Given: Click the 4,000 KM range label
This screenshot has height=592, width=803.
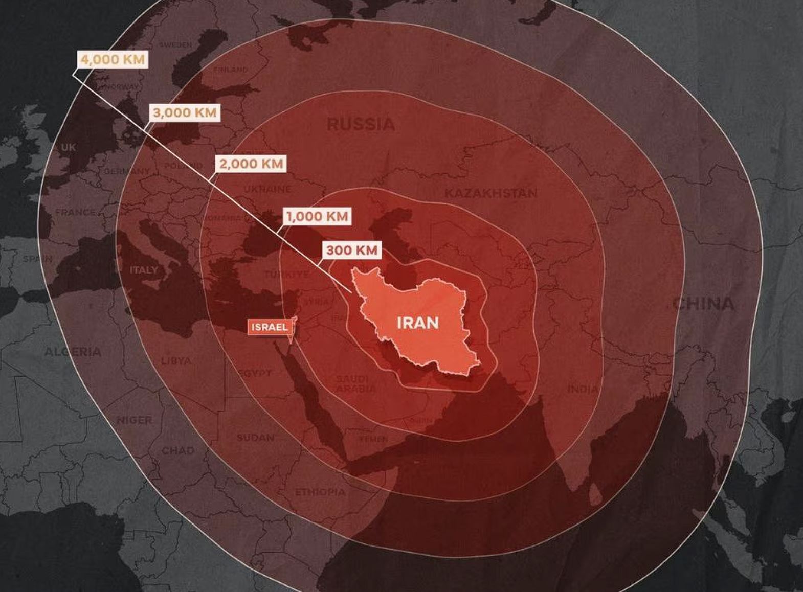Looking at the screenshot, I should tap(113, 60).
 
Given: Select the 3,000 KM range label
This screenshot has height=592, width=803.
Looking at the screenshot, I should tap(185, 113).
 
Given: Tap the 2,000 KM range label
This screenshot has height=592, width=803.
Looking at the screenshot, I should tap(251, 164).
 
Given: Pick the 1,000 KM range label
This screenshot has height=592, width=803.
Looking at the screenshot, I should tap(317, 217).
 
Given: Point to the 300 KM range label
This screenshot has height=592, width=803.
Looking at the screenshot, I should tap(352, 251).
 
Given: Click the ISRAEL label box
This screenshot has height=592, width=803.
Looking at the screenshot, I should tap(270, 327).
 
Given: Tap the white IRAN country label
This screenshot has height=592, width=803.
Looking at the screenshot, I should tap(417, 323).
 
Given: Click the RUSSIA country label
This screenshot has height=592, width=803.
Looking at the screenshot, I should tap(361, 124).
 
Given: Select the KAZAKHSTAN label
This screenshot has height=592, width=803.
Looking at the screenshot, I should tap(490, 193).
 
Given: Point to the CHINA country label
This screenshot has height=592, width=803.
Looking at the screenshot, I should tap(703, 304).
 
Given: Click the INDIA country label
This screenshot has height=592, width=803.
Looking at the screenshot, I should tap(583, 390).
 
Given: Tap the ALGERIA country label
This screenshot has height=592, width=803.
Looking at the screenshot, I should tap(73, 352).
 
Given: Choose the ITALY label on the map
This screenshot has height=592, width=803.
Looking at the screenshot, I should tap(144, 270).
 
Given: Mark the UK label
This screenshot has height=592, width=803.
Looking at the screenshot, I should tap(68, 148).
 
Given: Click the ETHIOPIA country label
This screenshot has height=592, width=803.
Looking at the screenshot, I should tap(320, 492).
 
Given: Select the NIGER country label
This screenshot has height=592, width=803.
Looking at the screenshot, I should tap(135, 420).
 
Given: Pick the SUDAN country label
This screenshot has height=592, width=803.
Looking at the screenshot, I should tap(255, 438).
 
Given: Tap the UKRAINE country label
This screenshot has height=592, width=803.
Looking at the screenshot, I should tap(267, 190).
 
